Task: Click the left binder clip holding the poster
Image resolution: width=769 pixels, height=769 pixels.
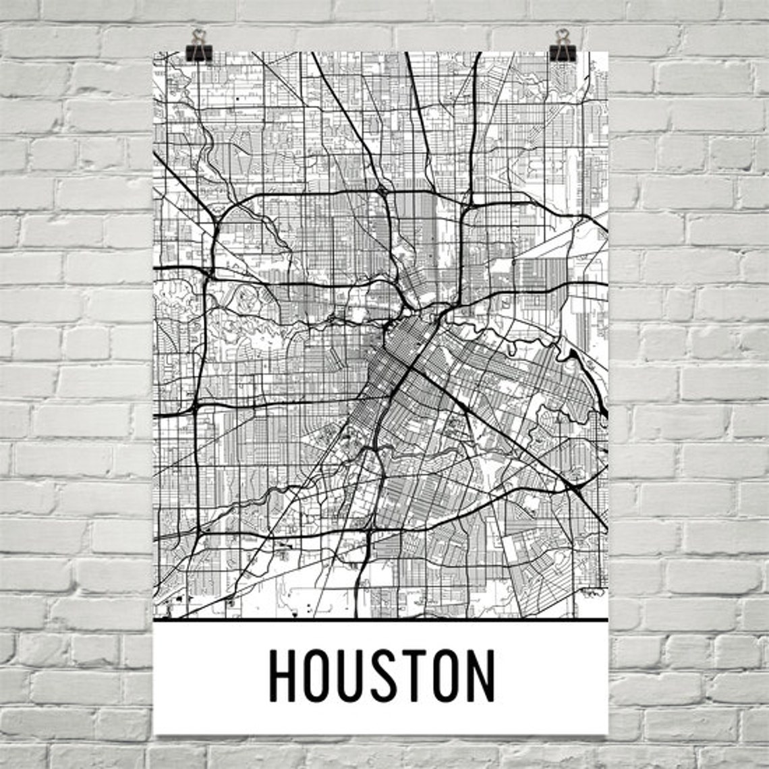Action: pyautogui.click(x=199, y=46)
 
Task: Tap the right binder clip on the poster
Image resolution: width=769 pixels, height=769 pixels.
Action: pyautogui.click(x=561, y=46)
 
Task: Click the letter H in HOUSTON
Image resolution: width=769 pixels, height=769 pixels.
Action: pyautogui.click(x=283, y=675)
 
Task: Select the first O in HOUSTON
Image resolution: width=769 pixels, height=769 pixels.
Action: pyautogui.click(x=319, y=675)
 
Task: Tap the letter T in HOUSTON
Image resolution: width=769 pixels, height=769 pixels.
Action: pyautogui.click(x=418, y=675)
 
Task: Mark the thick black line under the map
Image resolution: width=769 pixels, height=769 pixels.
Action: pyautogui.click(x=380, y=619)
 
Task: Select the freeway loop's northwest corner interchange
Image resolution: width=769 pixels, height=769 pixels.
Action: pyautogui.click(x=217, y=219)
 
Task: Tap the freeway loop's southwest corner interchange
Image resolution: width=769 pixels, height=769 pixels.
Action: pyautogui.click(x=196, y=533)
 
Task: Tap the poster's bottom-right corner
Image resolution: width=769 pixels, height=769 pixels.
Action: pyautogui.click(x=607, y=733)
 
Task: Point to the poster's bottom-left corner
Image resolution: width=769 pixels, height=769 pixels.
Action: pyautogui.click(x=154, y=733)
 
